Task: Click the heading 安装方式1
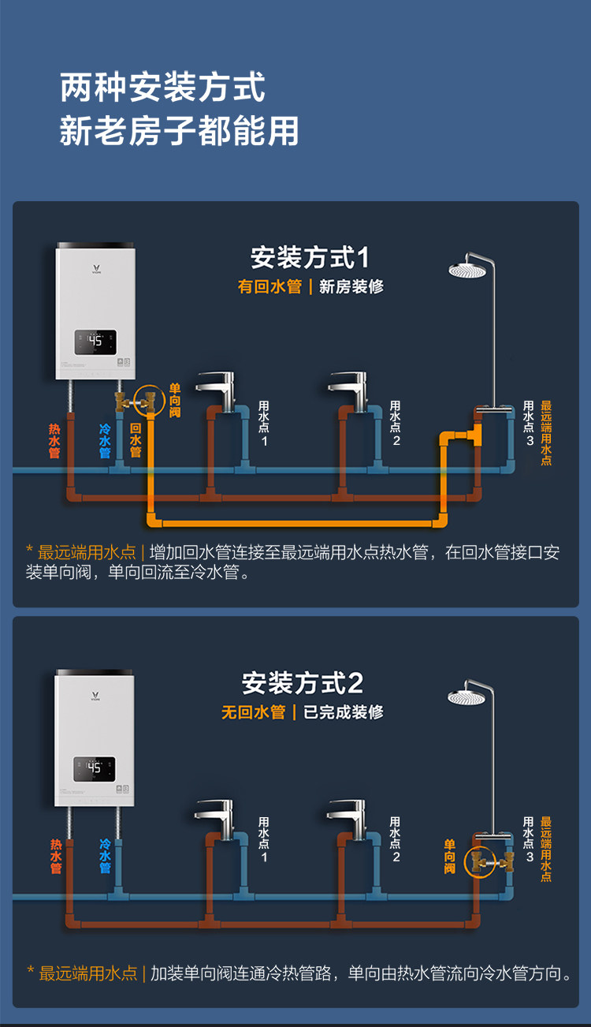310,258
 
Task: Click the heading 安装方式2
303,683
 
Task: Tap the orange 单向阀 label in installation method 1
175,400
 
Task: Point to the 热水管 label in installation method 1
54,441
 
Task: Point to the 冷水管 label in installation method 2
105,856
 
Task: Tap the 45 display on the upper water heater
95,342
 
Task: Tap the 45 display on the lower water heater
95,768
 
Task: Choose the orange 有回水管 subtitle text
269,286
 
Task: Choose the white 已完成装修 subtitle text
344,712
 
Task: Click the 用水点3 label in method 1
529,423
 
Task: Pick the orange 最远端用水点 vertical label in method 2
546,849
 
